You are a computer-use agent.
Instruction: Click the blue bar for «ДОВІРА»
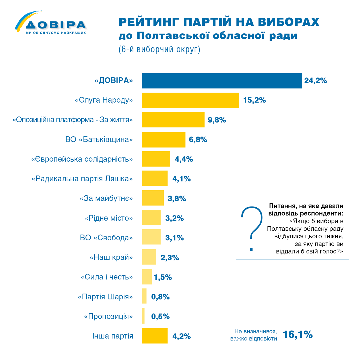(x=222, y=81)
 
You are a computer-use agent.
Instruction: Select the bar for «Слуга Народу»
(x=190, y=100)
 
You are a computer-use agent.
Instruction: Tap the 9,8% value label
(x=217, y=120)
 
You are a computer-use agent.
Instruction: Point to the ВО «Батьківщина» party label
(x=99, y=140)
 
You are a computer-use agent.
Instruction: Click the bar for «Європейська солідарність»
(x=156, y=159)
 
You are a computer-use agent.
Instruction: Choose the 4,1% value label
(x=181, y=179)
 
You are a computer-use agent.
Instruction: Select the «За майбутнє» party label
(x=106, y=199)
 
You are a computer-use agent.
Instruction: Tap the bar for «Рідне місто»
(x=151, y=218)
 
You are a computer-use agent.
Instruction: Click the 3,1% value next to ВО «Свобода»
(x=174, y=238)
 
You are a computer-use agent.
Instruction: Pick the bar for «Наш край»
(x=149, y=257)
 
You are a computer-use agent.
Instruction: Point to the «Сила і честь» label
(x=107, y=277)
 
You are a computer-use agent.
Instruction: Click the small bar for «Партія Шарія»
(x=144, y=296)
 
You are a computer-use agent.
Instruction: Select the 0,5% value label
(x=161, y=316)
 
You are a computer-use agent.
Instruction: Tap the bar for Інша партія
(x=155, y=336)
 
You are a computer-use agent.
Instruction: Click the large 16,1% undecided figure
(x=298, y=334)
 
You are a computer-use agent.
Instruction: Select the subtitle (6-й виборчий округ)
(x=159, y=50)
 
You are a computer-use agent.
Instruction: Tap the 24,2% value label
(x=315, y=81)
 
